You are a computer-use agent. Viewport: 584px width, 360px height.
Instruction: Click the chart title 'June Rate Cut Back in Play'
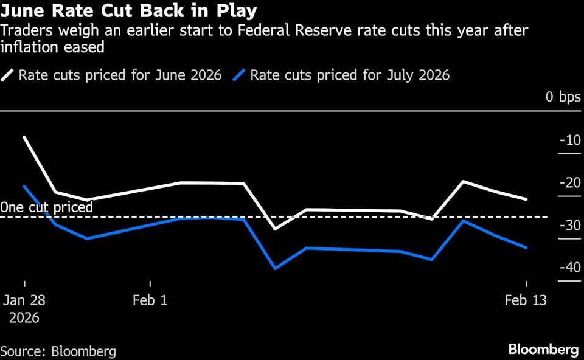pos(128,11)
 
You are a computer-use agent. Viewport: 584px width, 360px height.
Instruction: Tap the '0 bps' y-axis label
pos(563,97)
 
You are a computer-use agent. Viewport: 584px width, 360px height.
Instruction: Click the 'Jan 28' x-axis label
pos(24,300)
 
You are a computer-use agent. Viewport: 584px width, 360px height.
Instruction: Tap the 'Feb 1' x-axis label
pos(150,300)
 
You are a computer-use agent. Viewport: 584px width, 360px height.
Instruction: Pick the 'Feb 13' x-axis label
pos(526,300)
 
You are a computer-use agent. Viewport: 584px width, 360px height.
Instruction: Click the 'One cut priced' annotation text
pos(47,207)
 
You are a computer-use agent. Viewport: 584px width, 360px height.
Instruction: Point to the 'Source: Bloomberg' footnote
pos(58,351)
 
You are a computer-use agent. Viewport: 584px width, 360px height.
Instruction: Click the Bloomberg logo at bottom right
pos(543,350)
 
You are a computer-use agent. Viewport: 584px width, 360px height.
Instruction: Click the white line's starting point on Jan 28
pos(24,137)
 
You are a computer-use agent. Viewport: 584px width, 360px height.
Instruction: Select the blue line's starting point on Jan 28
pos(24,186)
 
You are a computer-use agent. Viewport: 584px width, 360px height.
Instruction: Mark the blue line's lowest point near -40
pos(275,268)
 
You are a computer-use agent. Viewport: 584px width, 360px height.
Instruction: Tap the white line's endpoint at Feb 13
pos(526,199)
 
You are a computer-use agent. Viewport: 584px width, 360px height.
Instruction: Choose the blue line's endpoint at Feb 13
pos(526,247)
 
